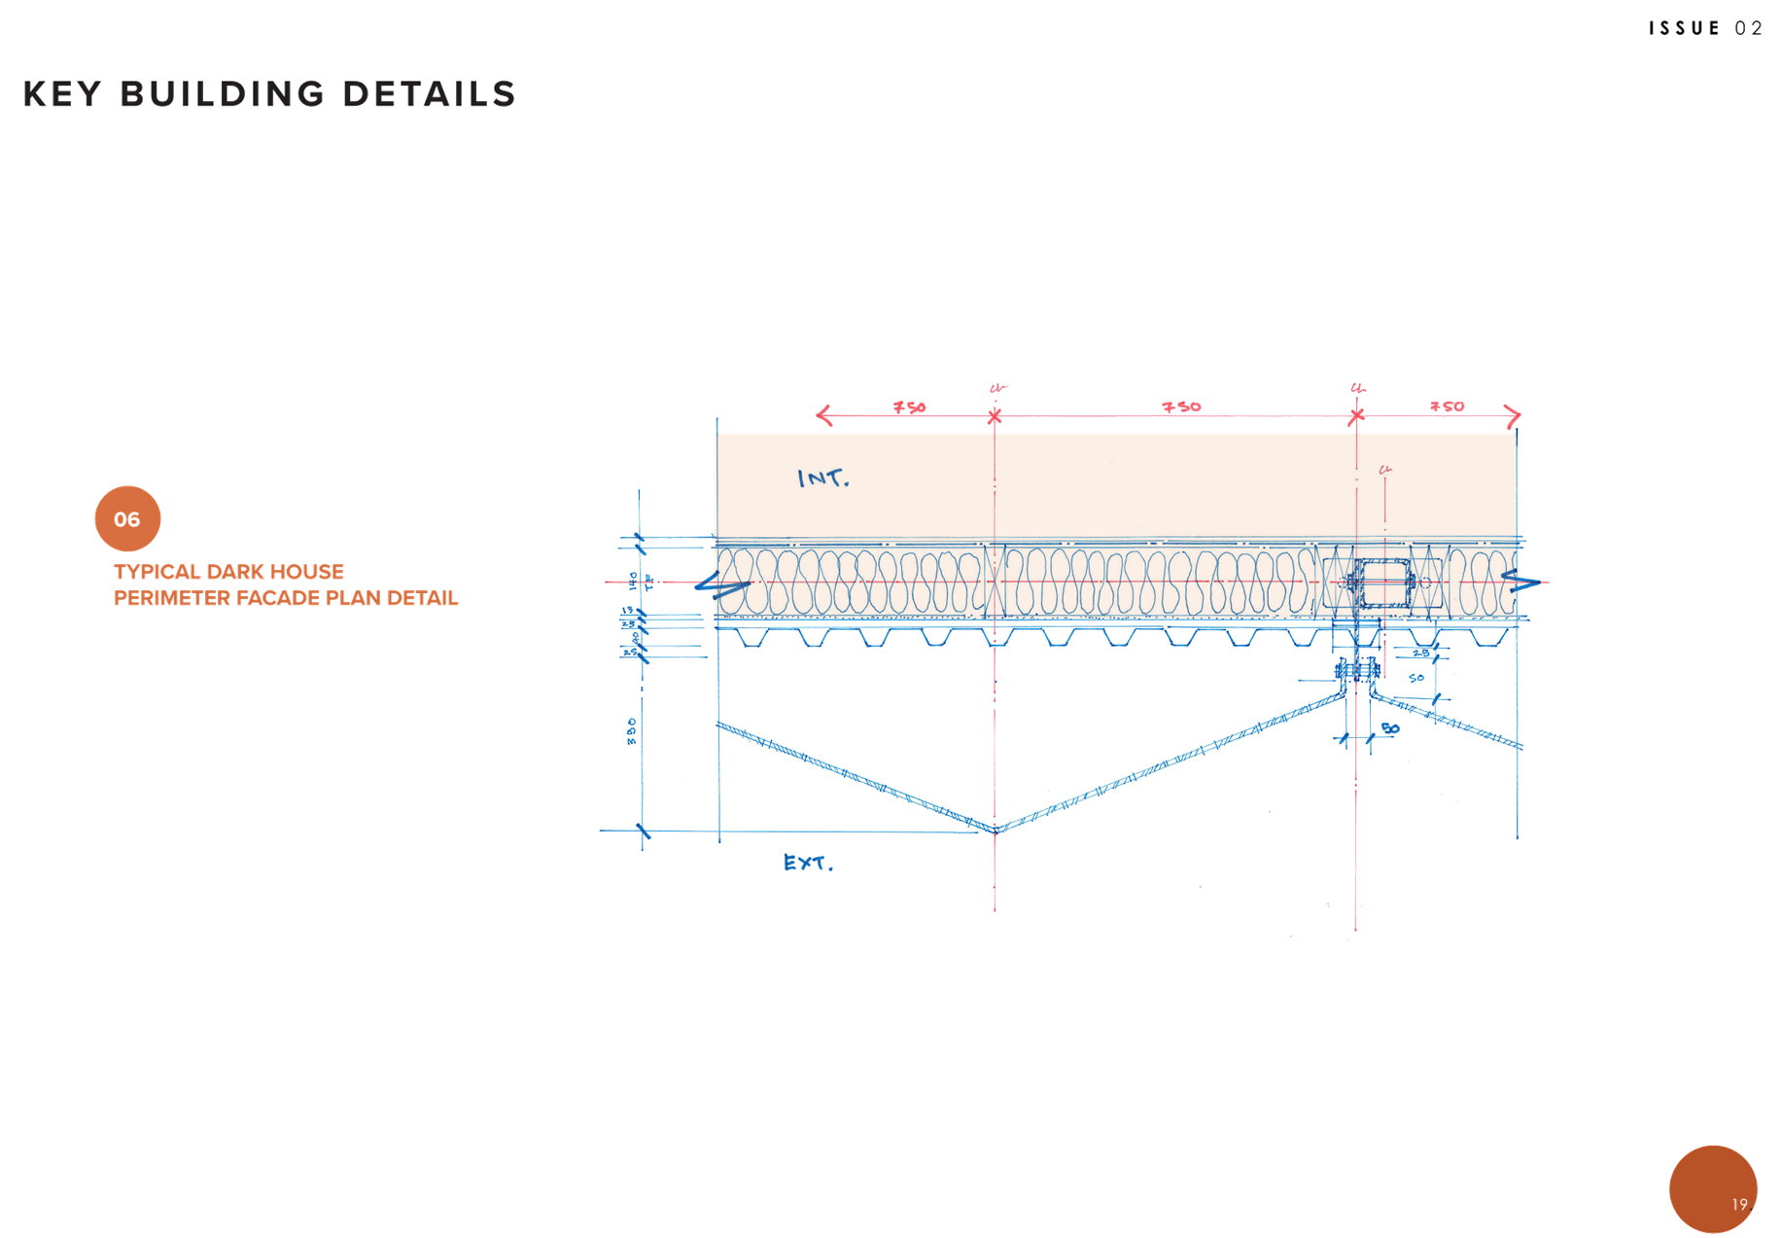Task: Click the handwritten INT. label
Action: (x=822, y=478)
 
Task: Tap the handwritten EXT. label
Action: (x=808, y=863)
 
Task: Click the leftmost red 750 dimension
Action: (x=910, y=407)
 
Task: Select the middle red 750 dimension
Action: (x=1182, y=407)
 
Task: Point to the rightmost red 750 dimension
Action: (x=1447, y=407)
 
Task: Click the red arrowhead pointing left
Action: (x=822, y=415)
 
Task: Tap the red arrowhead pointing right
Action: (x=1513, y=416)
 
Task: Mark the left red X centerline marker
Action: (x=994, y=417)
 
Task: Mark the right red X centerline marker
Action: (x=1356, y=417)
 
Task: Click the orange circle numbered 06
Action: (x=127, y=518)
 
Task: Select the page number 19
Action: (x=1739, y=1204)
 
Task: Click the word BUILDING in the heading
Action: (x=222, y=94)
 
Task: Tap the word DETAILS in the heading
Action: (x=429, y=94)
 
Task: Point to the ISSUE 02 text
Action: (x=1705, y=28)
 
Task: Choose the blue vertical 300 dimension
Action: (x=632, y=731)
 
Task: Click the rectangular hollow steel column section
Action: (x=1384, y=583)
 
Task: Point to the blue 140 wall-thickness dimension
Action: (x=633, y=581)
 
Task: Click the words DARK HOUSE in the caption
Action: (x=275, y=572)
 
